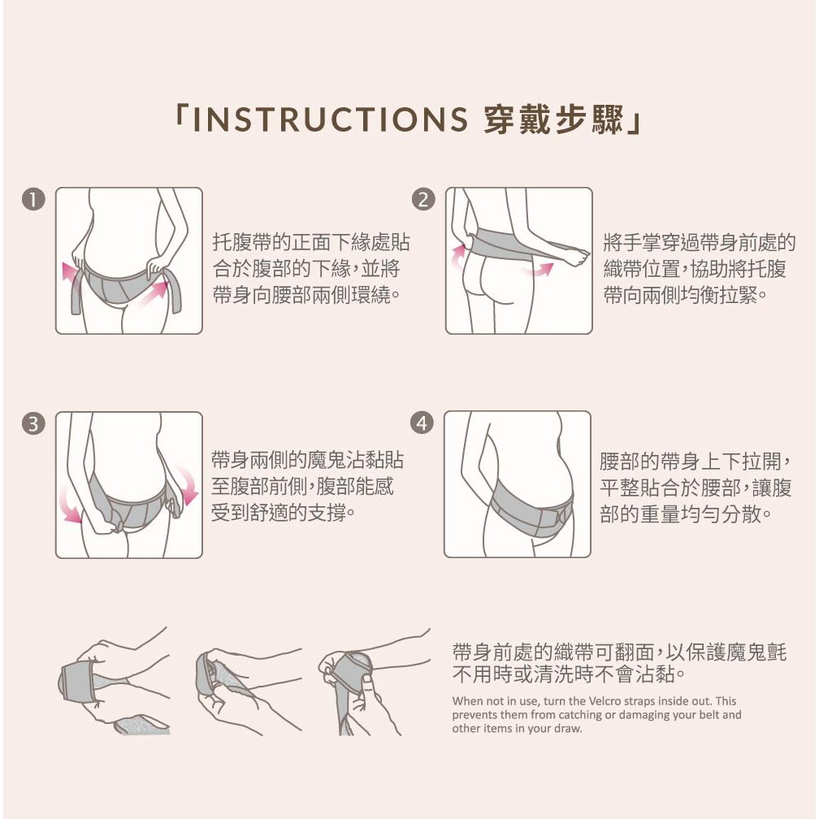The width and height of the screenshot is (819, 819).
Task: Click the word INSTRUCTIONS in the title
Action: [x=330, y=119]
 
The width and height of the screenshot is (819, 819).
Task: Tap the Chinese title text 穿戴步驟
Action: [x=554, y=120]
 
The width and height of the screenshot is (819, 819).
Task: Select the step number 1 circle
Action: [x=33, y=200]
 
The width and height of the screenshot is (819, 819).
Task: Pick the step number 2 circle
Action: [x=423, y=200]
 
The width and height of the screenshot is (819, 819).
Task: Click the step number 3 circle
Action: [x=33, y=423]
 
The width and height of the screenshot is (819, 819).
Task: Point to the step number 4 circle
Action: [x=422, y=422]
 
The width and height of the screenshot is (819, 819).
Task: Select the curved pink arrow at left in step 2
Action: [x=457, y=256]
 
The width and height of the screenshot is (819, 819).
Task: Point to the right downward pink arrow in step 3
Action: [x=187, y=486]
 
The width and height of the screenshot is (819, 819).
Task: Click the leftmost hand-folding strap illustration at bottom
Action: [x=115, y=682]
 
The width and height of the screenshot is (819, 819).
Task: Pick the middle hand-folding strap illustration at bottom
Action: [x=249, y=691]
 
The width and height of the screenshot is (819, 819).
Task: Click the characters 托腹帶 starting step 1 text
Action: [x=242, y=242]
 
